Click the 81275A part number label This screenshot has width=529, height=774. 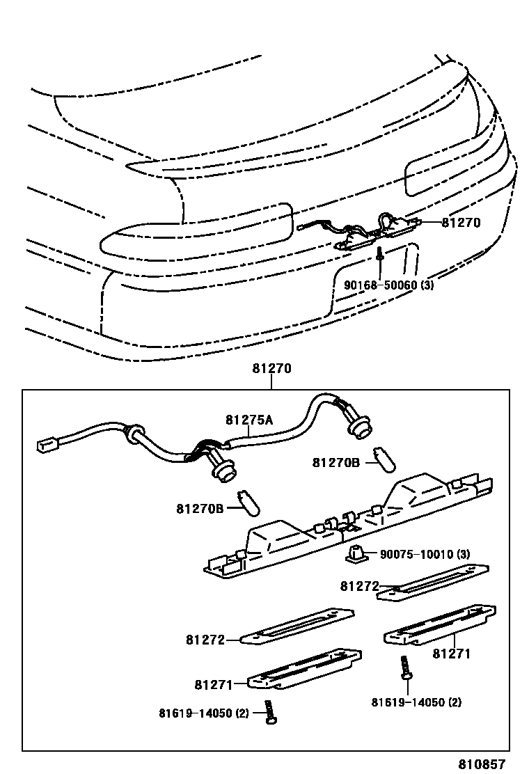click(249, 420)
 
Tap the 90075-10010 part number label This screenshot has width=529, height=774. click(416, 554)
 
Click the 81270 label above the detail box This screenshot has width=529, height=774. click(272, 370)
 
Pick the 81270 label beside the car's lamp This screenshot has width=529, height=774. click(461, 223)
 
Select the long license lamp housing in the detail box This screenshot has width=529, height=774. click(348, 529)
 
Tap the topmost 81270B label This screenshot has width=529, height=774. click(335, 462)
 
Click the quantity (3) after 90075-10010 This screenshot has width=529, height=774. click(462, 554)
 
